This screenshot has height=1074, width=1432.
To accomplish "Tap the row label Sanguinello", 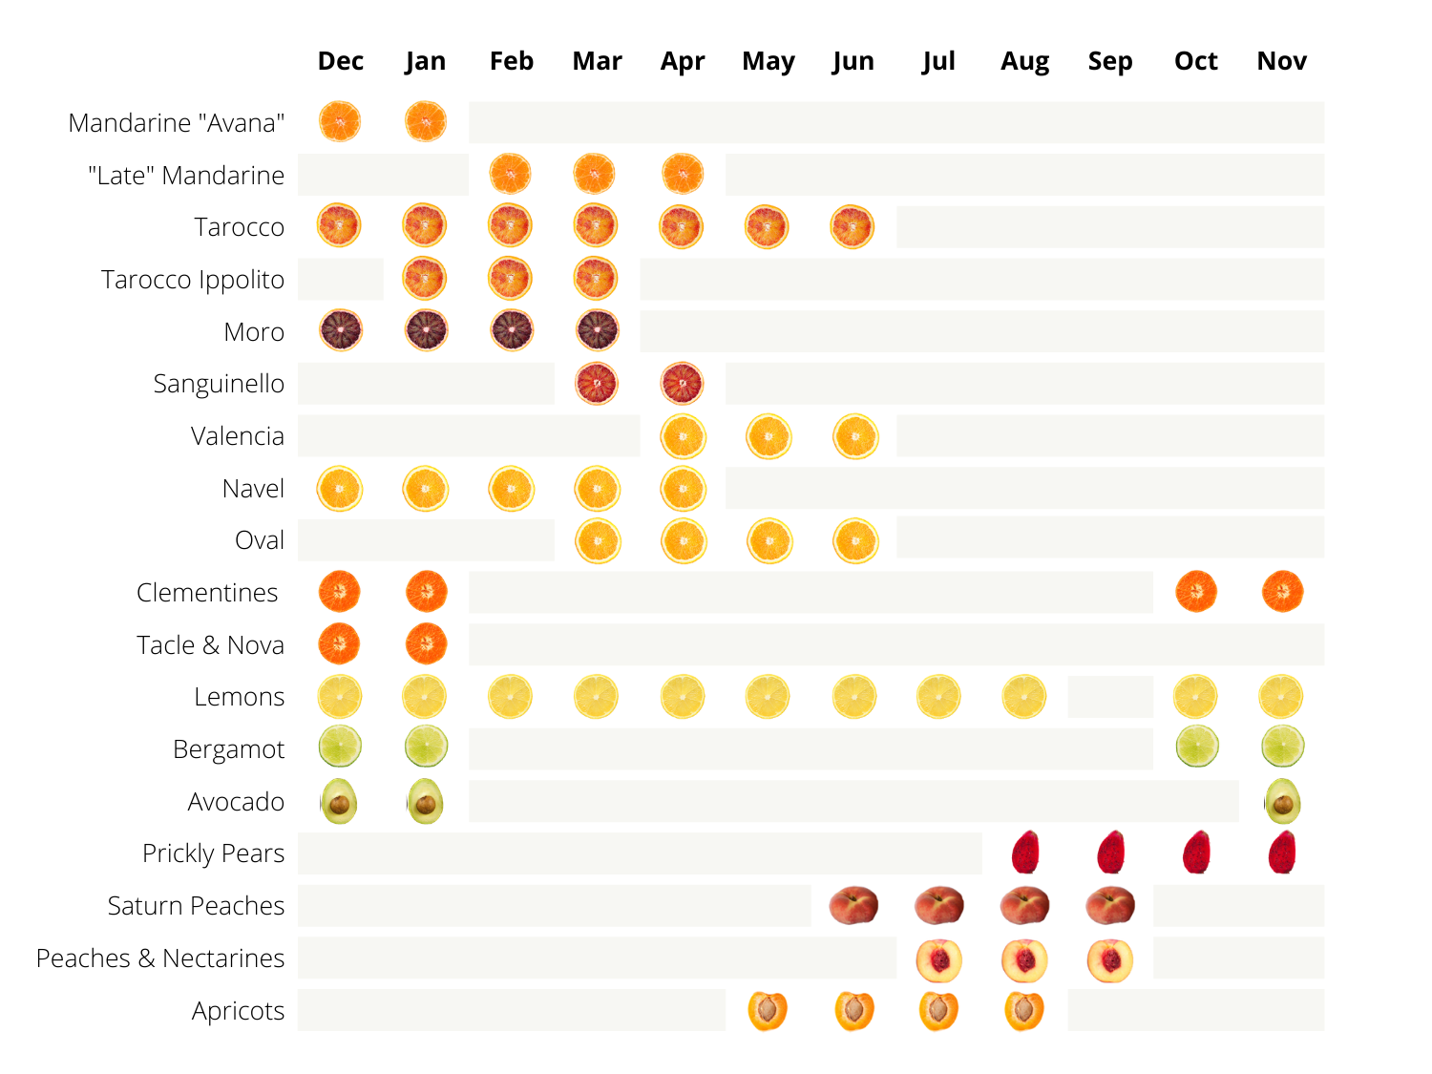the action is [219, 384].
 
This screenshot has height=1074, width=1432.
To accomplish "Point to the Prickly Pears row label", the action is [213, 853].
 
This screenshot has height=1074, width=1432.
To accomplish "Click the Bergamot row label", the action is [228, 749].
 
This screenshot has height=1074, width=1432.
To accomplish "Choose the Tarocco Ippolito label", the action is [193, 279].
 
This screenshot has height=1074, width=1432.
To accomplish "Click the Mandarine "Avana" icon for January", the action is [426, 121].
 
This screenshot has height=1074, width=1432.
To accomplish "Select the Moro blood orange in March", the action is [597, 330].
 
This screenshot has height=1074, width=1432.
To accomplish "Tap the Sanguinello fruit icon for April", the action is [682, 384].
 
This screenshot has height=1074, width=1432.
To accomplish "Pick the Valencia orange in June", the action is [854, 436].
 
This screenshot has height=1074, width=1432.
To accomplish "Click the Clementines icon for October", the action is [1195, 592].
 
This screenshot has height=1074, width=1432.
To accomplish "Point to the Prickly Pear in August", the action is [1025, 852].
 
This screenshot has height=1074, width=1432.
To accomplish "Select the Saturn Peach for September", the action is [1109, 905].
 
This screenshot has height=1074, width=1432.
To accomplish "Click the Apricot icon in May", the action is [768, 1010].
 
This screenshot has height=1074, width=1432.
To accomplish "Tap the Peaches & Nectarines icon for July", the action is [938, 959].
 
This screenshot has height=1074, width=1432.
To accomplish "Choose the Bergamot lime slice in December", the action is [339, 746].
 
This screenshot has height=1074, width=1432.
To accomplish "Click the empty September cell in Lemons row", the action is [1109, 697].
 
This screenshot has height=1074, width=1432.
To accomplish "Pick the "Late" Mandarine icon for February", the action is [510, 174].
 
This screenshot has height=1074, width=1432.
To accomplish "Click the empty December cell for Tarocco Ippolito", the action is [340, 279].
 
